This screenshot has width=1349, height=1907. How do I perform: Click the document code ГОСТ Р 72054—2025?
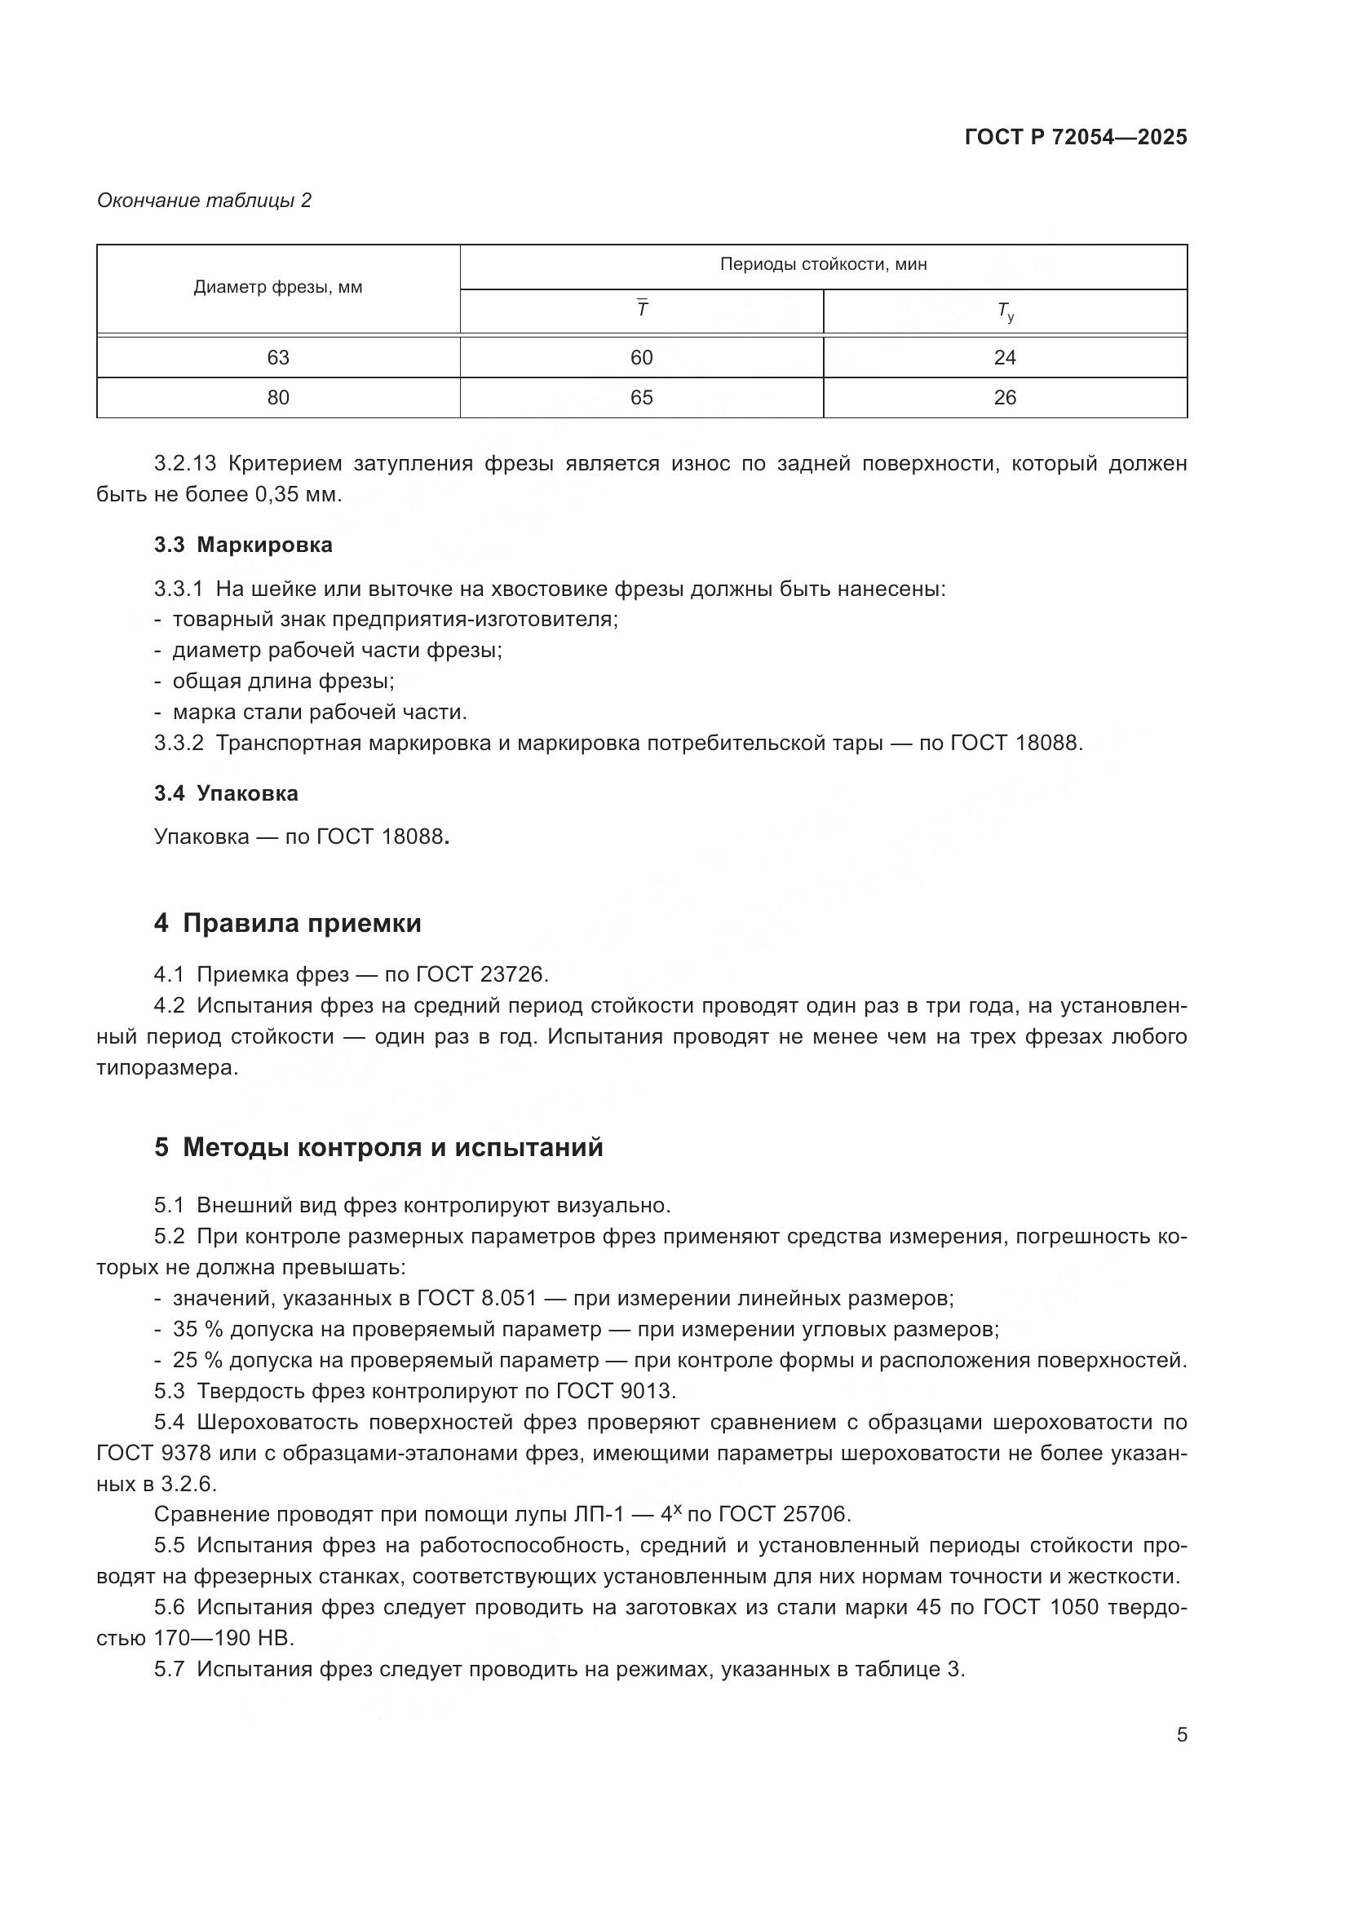(1076, 137)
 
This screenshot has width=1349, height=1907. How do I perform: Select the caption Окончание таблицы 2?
(204, 201)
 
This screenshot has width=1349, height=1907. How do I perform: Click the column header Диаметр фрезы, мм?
(277, 287)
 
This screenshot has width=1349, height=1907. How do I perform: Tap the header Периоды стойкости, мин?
(822, 264)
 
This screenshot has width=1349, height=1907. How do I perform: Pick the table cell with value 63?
(277, 357)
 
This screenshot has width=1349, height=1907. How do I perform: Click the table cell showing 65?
(641, 398)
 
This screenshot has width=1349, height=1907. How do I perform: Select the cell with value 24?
(1004, 357)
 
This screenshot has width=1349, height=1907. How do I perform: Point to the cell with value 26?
(1004, 398)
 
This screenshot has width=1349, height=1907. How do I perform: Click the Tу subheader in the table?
(1004, 311)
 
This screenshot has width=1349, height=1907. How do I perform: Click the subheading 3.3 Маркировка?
(242, 545)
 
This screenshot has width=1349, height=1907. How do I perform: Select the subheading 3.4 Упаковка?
(226, 793)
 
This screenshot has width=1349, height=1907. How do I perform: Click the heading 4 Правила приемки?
(287, 924)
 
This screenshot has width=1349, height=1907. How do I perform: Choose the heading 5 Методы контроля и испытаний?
(378, 1148)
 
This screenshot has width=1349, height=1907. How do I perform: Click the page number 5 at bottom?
(1181, 1735)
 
